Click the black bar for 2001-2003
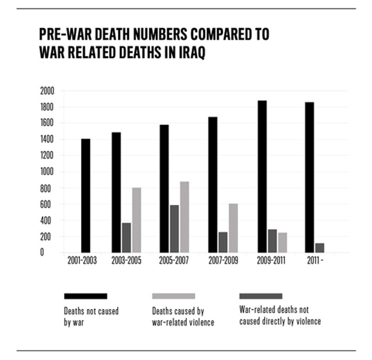[86, 195]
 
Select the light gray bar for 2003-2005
[136, 220]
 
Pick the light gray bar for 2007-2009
[233, 228]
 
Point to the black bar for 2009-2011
[262, 177]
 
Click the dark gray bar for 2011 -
[319, 248]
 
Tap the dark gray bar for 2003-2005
[126, 238]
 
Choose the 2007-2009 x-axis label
[223, 261]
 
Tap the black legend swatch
[86, 296]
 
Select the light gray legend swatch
[173, 296]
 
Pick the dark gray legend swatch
[260, 296]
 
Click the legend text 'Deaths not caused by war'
[91, 316]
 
